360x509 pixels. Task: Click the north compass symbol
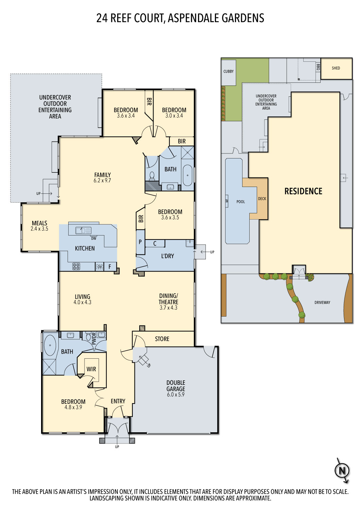tap(342, 471)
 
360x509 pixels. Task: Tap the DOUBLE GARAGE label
tap(176, 386)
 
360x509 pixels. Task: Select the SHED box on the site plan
tap(336, 69)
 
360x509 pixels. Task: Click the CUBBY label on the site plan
tap(229, 72)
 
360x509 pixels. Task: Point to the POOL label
tap(240, 202)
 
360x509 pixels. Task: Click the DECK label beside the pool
tap(262, 199)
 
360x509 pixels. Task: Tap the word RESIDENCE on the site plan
tap(303, 191)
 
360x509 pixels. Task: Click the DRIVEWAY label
tap(322, 302)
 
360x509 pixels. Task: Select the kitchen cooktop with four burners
tap(76, 267)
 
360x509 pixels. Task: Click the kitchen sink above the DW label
tap(83, 230)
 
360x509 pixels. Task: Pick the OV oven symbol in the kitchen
tap(99, 267)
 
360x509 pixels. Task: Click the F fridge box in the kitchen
tap(110, 267)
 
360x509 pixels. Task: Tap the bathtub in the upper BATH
tap(187, 175)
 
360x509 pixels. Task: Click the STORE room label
tap(162, 339)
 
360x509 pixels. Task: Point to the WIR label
tap(91, 369)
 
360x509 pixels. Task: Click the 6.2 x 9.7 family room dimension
tap(102, 181)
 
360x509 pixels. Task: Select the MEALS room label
tap(39, 223)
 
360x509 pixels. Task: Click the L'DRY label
tap(167, 256)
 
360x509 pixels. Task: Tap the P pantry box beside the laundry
tap(140, 242)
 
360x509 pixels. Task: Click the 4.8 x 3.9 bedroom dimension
tap(73, 408)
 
